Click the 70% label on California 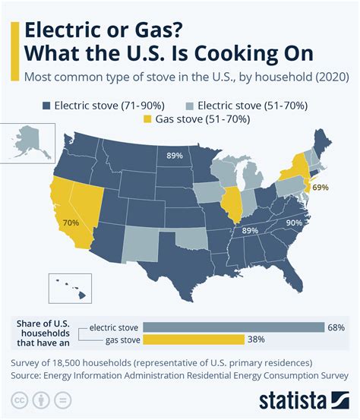71,223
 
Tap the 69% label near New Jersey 320,186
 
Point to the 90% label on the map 295,223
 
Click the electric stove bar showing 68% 234,327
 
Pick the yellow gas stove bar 193,339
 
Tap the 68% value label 336,327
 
